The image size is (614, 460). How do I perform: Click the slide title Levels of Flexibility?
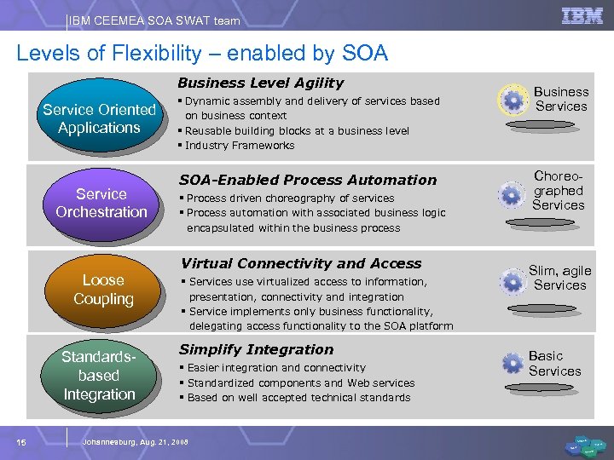[202, 54]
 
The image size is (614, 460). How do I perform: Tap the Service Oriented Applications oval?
[99, 118]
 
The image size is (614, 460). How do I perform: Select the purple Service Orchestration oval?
[101, 203]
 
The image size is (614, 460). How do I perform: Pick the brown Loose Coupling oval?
[103, 290]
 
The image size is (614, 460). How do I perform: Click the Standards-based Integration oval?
[99, 375]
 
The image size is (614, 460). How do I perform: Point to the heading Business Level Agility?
[260, 83]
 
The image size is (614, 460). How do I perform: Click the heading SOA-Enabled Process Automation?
[307, 180]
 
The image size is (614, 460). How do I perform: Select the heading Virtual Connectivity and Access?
[299, 264]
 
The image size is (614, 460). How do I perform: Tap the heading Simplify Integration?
[256, 349]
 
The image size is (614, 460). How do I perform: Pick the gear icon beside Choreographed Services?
[512, 195]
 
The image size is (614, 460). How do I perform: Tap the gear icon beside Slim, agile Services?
[513, 280]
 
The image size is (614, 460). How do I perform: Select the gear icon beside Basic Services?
[513, 364]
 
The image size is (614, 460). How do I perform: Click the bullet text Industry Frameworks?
[239, 146]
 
